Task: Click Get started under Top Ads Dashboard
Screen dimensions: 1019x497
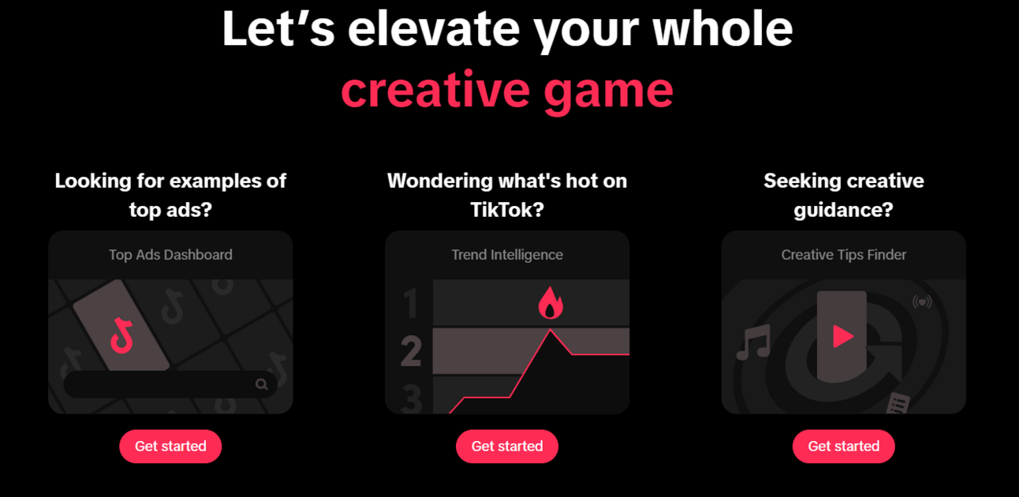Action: (170, 446)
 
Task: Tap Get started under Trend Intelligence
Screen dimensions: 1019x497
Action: (507, 446)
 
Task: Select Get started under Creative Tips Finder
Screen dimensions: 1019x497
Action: (844, 446)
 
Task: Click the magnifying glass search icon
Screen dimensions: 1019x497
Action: (262, 385)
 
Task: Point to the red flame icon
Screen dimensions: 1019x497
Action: (551, 303)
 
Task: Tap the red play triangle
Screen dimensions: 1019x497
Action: (842, 336)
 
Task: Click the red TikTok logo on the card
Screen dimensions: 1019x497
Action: (121, 336)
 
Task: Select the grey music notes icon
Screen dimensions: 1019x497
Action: (753, 342)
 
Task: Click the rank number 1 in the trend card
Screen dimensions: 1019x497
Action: (411, 304)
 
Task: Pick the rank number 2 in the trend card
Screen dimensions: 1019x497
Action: (411, 351)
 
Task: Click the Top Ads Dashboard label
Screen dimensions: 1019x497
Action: (170, 254)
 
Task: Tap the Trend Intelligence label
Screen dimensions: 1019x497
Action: (507, 254)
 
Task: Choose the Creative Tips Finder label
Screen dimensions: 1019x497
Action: (844, 254)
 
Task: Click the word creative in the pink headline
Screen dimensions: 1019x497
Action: (436, 90)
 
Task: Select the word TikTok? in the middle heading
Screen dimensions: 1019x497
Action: (507, 210)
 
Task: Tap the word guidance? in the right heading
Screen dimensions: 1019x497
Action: (844, 211)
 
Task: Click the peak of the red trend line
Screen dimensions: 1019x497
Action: (550, 330)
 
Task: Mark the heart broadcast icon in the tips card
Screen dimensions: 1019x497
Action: (922, 301)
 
